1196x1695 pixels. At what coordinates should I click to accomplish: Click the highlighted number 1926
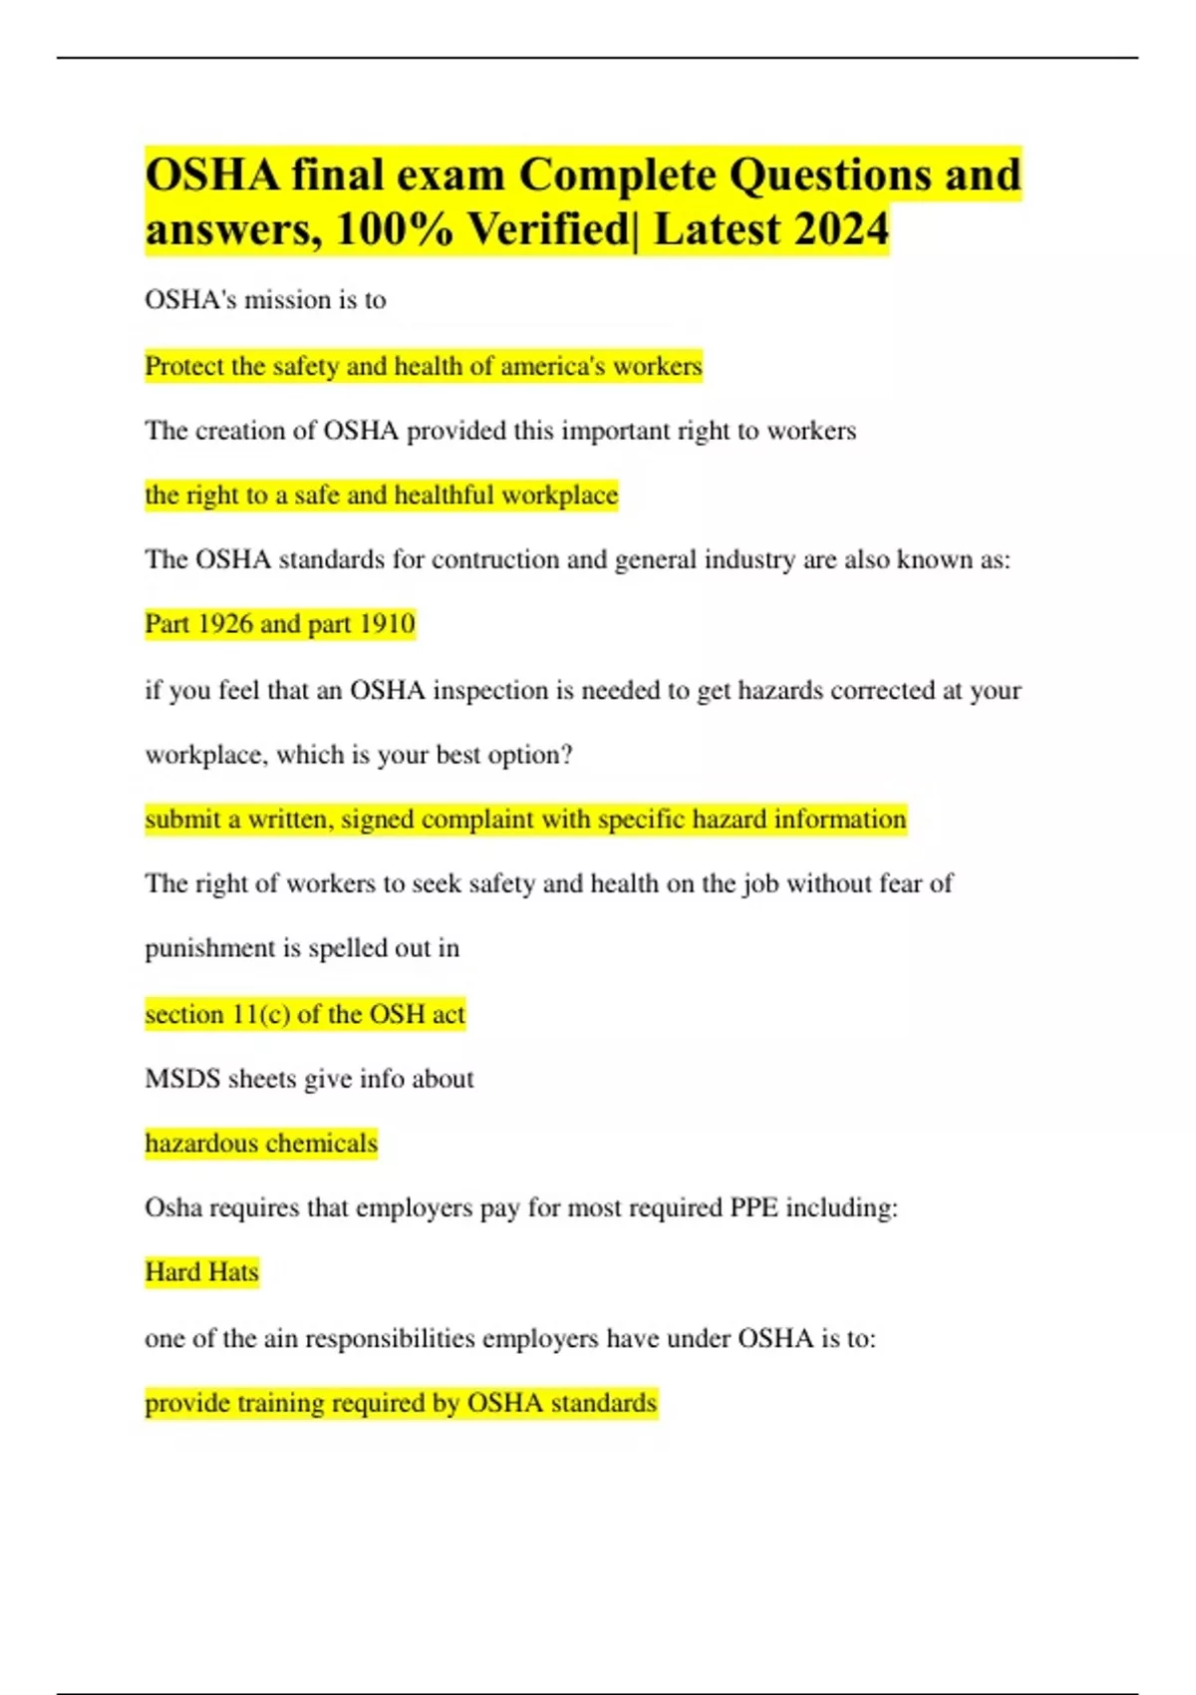pos(225,623)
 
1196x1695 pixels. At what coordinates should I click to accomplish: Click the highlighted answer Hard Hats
pos(201,1272)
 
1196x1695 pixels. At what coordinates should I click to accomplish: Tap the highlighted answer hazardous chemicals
pos(261,1143)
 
